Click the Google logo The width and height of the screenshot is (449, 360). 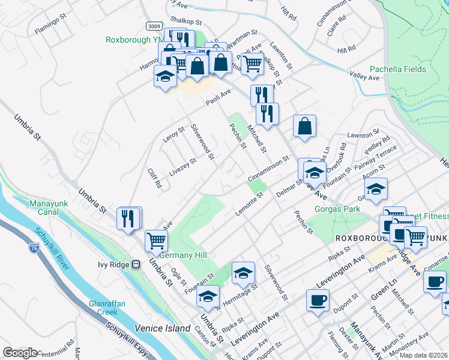(x=20, y=353)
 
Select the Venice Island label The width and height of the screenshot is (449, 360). (x=157, y=328)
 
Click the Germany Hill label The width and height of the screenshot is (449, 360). (x=182, y=255)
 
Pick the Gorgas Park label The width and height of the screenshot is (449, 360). (x=337, y=209)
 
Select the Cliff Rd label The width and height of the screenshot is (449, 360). (x=155, y=178)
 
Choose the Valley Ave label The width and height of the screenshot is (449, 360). (x=365, y=77)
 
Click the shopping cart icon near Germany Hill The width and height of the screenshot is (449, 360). (x=156, y=240)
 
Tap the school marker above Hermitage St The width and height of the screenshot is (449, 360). (x=243, y=272)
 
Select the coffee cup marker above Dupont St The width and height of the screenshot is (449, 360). (x=318, y=299)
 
